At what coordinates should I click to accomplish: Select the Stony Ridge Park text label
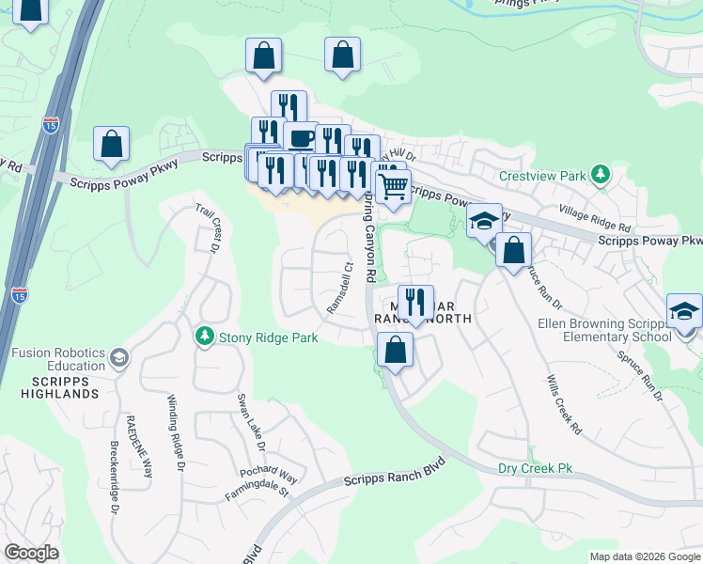click(x=268, y=337)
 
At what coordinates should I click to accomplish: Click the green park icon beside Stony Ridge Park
click(x=204, y=336)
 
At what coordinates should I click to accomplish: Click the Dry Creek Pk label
click(x=535, y=467)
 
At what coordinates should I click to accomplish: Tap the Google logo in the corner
click(x=31, y=552)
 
